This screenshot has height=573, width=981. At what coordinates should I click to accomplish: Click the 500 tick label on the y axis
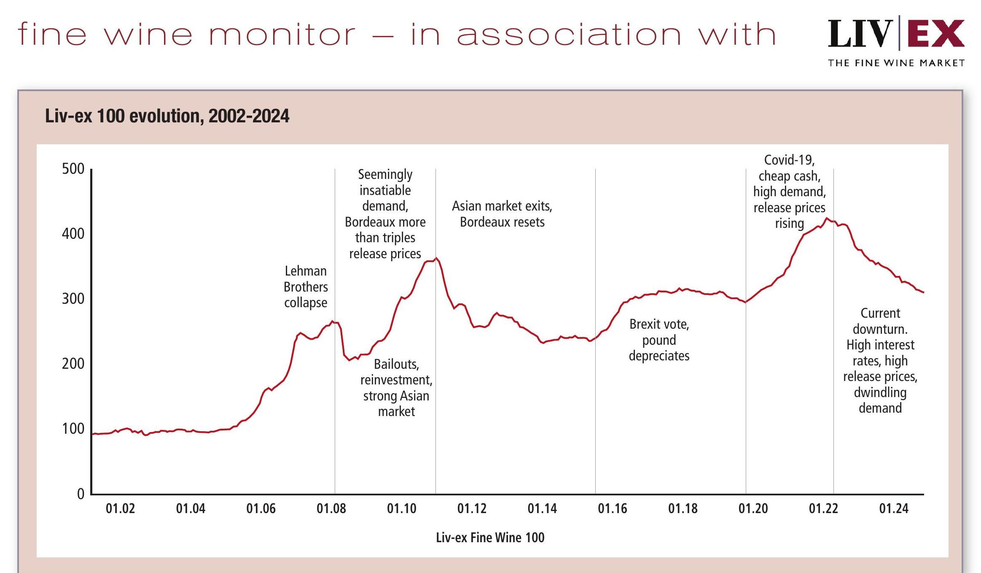coord(73,169)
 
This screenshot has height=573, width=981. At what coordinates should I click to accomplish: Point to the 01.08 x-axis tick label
coord(331,508)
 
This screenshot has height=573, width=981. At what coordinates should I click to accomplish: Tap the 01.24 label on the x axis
coord(893,508)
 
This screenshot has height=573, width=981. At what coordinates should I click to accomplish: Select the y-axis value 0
coord(81,494)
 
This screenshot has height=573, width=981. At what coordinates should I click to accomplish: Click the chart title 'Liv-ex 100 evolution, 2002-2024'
coord(167,116)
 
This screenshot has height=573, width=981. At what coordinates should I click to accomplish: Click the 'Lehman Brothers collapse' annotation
coord(306,287)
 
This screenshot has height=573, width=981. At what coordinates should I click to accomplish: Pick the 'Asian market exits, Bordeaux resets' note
coord(502,214)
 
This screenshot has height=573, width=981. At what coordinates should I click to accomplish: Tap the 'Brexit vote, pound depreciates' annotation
coord(659,340)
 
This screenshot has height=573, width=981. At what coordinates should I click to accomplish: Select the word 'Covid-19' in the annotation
coord(789,160)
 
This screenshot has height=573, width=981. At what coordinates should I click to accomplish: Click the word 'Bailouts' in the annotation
coord(396,364)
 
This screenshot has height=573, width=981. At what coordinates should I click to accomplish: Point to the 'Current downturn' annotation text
coord(880,321)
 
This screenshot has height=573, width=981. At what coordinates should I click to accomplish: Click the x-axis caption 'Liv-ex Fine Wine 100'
coord(490,538)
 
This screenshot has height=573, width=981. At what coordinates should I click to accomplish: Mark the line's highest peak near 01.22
coord(827,218)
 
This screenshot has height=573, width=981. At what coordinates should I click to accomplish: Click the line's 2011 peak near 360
coord(436,258)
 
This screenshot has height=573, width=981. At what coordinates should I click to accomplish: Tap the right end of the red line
coord(923,292)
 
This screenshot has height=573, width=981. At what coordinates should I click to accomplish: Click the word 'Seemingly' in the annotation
coord(385,174)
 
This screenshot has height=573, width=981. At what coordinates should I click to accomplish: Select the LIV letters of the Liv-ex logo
coord(860,34)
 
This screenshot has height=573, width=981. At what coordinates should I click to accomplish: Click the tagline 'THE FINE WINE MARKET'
coord(896,63)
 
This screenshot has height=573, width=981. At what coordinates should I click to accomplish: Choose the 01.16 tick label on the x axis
coord(612,508)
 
